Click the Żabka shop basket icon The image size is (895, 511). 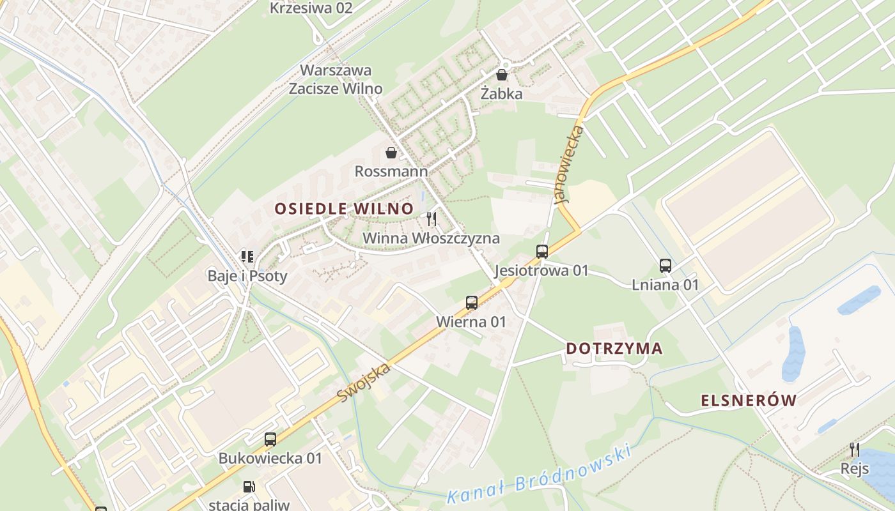pyautogui.click(x=502, y=75)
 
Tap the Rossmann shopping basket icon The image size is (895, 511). pyautogui.click(x=391, y=153)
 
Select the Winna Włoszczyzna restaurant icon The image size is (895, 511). pyautogui.click(x=432, y=219)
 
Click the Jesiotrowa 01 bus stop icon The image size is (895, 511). pyautogui.click(x=542, y=251)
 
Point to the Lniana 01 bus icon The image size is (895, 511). pyautogui.click(x=665, y=265)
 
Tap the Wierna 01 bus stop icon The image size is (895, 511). pyautogui.click(x=472, y=302)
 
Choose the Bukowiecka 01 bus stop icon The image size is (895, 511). pyautogui.click(x=270, y=439)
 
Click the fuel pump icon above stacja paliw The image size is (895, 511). pyautogui.click(x=249, y=487)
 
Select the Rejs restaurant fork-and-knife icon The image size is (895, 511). pyautogui.click(x=854, y=450)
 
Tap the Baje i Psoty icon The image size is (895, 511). pyautogui.click(x=247, y=257)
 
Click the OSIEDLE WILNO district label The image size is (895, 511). pyautogui.click(x=344, y=208)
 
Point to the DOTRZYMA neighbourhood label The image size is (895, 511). pyautogui.click(x=614, y=349)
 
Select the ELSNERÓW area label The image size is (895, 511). pyautogui.click(x=749, y=400)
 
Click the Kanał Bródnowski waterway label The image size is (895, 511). pyautogui.click(x=539, y=474)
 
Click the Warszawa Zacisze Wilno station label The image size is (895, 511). pyautogui.click(x=336, y=79)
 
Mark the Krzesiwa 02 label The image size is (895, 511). pyautogui.click(x=311, y=8)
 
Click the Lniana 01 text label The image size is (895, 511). pyautogui.click(x=665, y=285)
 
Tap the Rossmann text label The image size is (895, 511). pyautogui.click(x=391, y=171)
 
